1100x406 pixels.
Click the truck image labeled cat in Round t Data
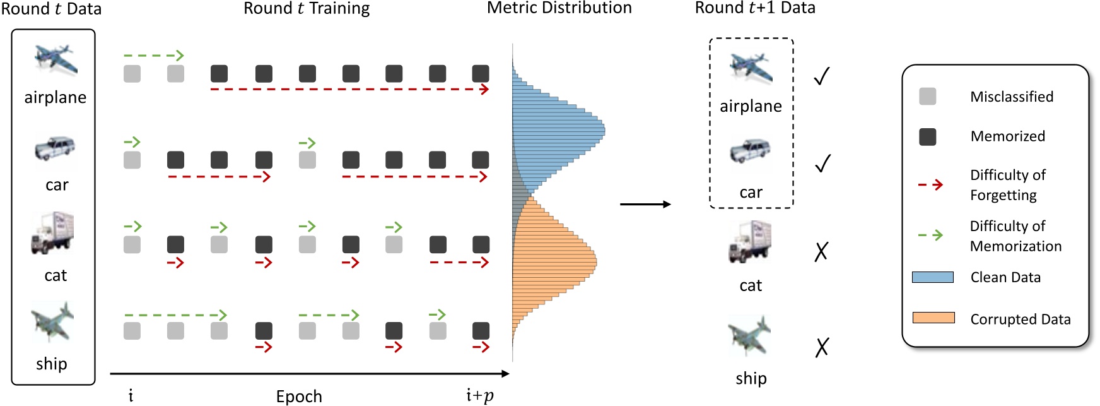coord(53,234)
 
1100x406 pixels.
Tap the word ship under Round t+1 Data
coord(751,378)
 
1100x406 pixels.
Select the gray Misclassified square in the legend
coord(927,97)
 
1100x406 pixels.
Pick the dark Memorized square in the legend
coord(927,136)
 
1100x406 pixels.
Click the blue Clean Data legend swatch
coord(932,277)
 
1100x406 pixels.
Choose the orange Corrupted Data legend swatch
coord(933,318)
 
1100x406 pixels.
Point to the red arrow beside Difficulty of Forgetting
coord(930,184)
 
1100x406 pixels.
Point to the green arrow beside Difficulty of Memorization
coord(930,235)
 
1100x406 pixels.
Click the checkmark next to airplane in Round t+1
coord(821,76)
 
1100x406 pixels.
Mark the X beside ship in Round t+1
coord(821,347)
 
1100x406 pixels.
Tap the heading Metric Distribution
coord(559,8)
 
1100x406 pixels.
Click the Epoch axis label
coord(299,396)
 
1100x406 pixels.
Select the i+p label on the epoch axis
coord(479,396)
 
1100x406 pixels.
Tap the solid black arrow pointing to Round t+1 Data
coord(645,204)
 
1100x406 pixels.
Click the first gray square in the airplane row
coord(132,73)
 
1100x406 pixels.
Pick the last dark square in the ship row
coord(481,330)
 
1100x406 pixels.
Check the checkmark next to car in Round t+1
coord(822,164)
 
